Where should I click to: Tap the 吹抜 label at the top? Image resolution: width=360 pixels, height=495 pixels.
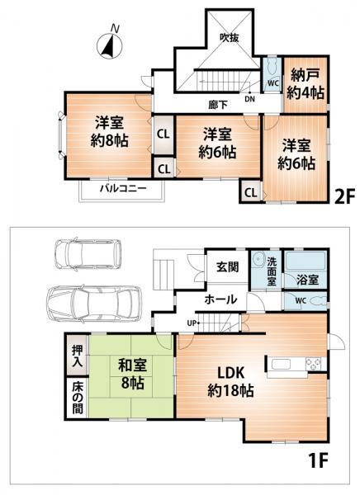tap(229, 37)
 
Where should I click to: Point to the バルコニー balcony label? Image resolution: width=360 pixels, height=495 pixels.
tap(123, 189)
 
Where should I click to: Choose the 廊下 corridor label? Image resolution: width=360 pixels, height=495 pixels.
tap(219, 106)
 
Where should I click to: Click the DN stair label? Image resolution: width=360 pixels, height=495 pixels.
tap(249, 99)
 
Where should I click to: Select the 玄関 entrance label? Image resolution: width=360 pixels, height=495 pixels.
tap(227, 266)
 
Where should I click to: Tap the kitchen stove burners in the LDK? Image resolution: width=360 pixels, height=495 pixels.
tap(314, 363)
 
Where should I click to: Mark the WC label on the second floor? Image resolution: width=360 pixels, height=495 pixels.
tap(272, 82)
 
